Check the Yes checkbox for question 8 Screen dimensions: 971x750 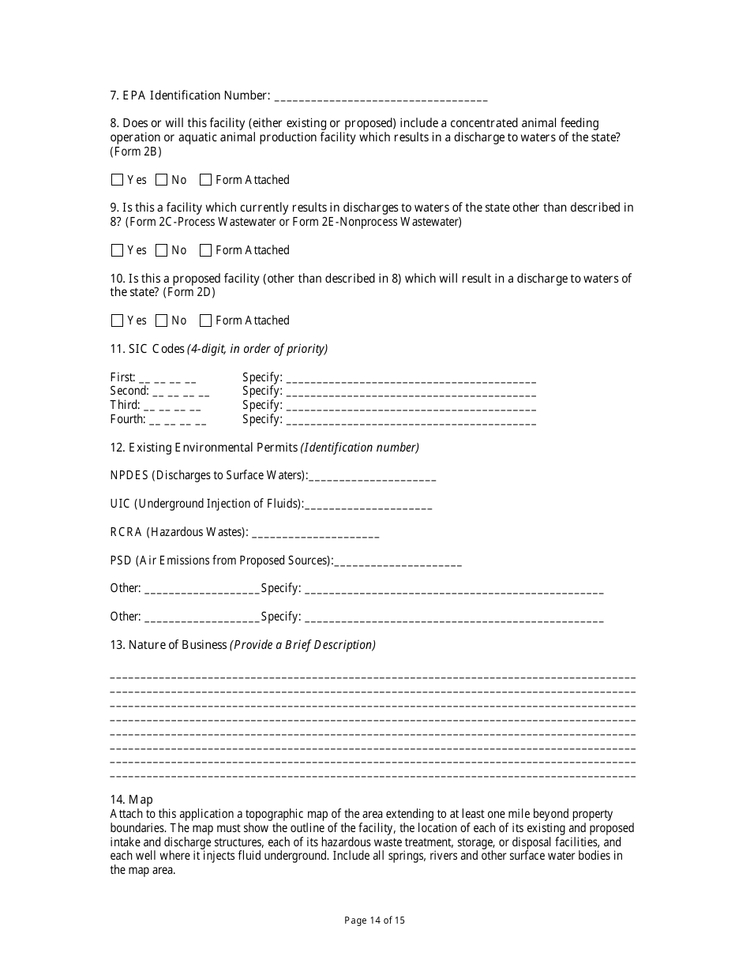[x=118, y=180]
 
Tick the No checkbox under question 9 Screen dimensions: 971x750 [x=162, y=250]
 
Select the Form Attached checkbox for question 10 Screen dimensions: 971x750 [x=206, y=321]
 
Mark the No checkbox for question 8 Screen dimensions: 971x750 [x=162, y=180]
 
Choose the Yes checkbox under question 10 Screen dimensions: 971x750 [x=118, y=321]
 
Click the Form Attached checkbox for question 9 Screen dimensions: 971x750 [x=206, y=250]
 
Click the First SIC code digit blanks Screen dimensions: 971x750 [x=167, y=378]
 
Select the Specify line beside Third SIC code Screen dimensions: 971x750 [x=411, y=407]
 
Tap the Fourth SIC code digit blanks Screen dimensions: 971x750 [x=178, y=421]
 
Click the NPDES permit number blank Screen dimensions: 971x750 [x=373, y=477]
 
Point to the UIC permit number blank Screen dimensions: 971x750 [x=369, y=505]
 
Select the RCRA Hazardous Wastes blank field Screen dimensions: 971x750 [x=316, y=534]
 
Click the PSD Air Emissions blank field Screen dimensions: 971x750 [x=399, y=562]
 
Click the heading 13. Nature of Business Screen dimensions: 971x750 [x=168, y=645]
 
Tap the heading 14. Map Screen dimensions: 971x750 [x=131, y=800]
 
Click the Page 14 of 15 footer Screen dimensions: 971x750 [x=375, y=920]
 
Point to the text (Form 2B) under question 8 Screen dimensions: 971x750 [x=136, y=152]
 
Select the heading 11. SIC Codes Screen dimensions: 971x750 [x=147, y=349]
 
